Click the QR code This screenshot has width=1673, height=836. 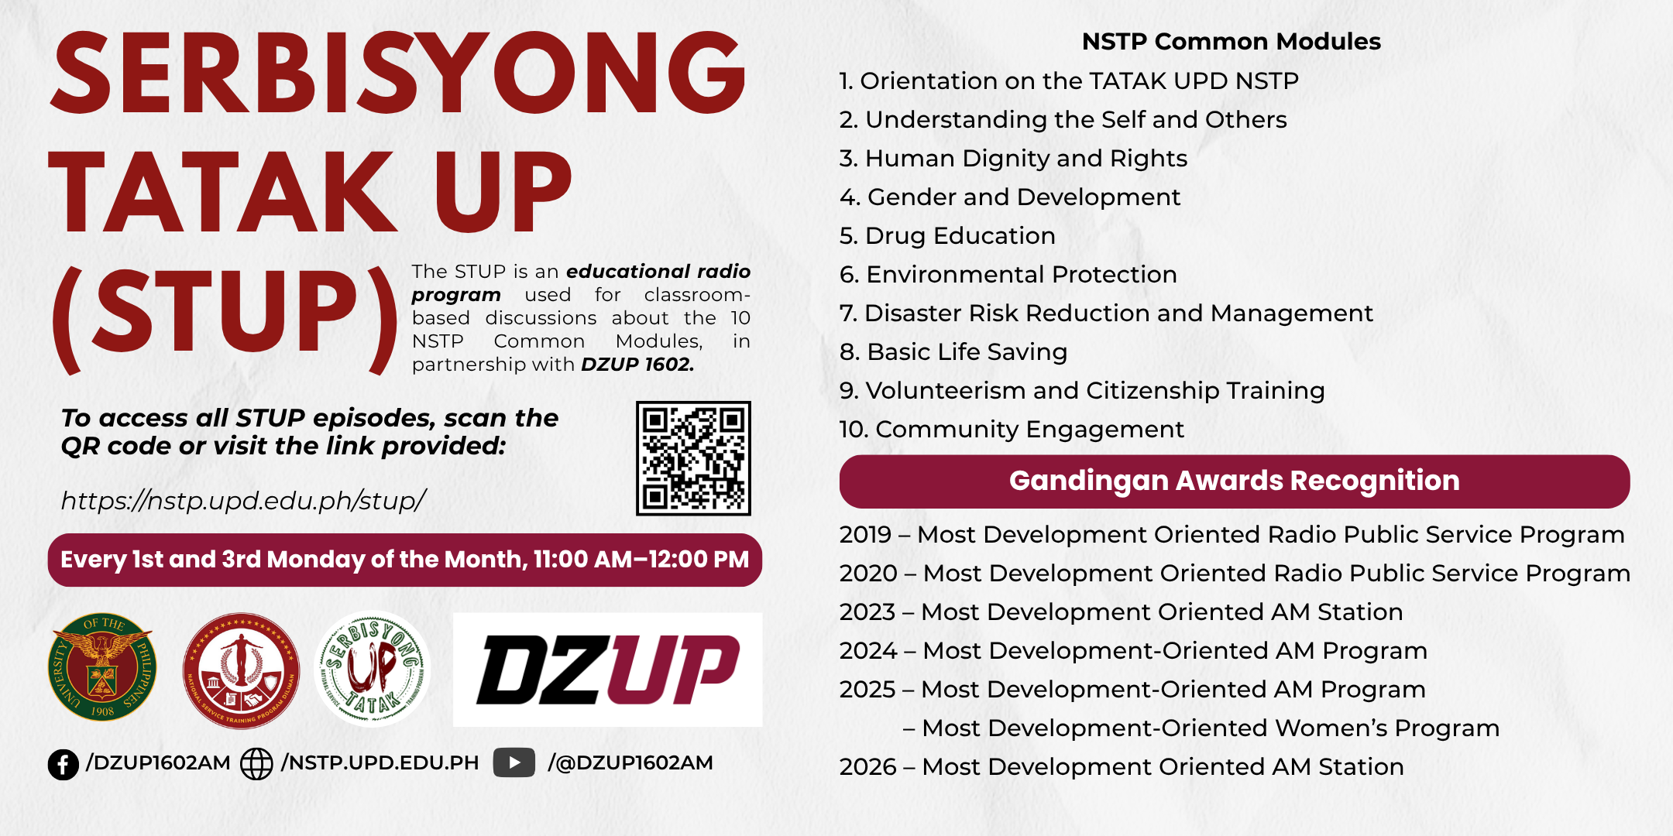tap(693, 458)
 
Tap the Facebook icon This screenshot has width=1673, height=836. tap(64, 764)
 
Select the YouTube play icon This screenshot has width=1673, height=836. tap(514, 762)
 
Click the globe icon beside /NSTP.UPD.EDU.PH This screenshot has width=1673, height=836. tap(256, 764)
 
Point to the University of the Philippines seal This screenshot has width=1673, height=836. tap(102, 667)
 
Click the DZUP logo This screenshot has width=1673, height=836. tap(608, 670)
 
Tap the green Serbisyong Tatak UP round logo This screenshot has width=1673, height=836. tap(373, 670)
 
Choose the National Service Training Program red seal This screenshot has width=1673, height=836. tap(241, 670)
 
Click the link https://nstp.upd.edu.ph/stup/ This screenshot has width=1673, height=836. tap(243, 501)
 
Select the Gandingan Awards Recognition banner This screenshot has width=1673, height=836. tap(1235, 481)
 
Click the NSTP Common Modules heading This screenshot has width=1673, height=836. tap(1232, 41)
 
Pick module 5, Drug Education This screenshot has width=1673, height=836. tap(947, 235)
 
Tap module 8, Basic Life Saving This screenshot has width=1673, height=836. tap(953, 352)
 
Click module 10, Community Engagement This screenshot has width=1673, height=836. tap(1012, 430)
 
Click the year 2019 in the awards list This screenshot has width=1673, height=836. tap(866, 535)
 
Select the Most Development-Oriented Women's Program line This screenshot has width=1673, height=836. tap(1201, 728)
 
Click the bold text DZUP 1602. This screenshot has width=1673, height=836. tap(637, 365)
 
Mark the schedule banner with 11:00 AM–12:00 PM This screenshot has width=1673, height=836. tap(405, 560)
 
